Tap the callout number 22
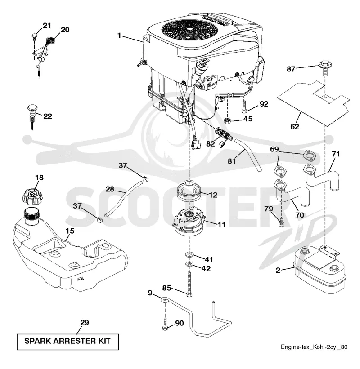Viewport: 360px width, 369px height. [x=48, y=116]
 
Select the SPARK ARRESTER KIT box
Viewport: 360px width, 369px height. [x=67, y=342]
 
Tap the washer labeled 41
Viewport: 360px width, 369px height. [x=189, y=255]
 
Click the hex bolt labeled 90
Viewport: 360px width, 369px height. [x=165, y=325]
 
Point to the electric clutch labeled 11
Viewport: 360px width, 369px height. [x=189, y=221]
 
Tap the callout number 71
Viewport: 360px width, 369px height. [x=336, y=154]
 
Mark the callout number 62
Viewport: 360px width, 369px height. [x=294, y=127]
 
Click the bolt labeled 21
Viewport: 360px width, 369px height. [x=34, y=36]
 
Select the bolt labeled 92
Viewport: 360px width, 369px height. [x=244, y=107]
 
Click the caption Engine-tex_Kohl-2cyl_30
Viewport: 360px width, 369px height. [x=314, y=347]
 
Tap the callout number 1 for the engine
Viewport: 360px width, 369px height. [x=119, y=36]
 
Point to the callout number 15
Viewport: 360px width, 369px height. [x=70, y=231]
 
